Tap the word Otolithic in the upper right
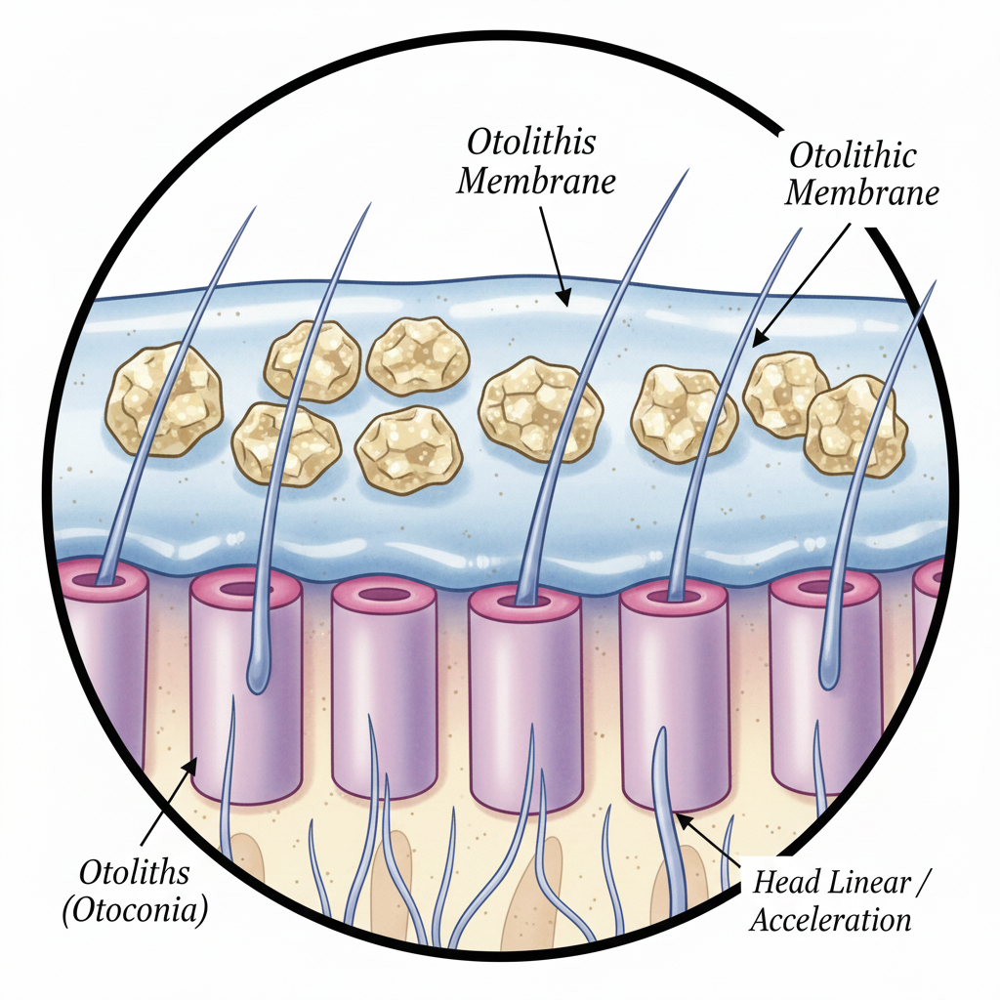[x=852, y=156]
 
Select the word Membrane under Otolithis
[x=537, y=183]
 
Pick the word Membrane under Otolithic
[x=862, y=192]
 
